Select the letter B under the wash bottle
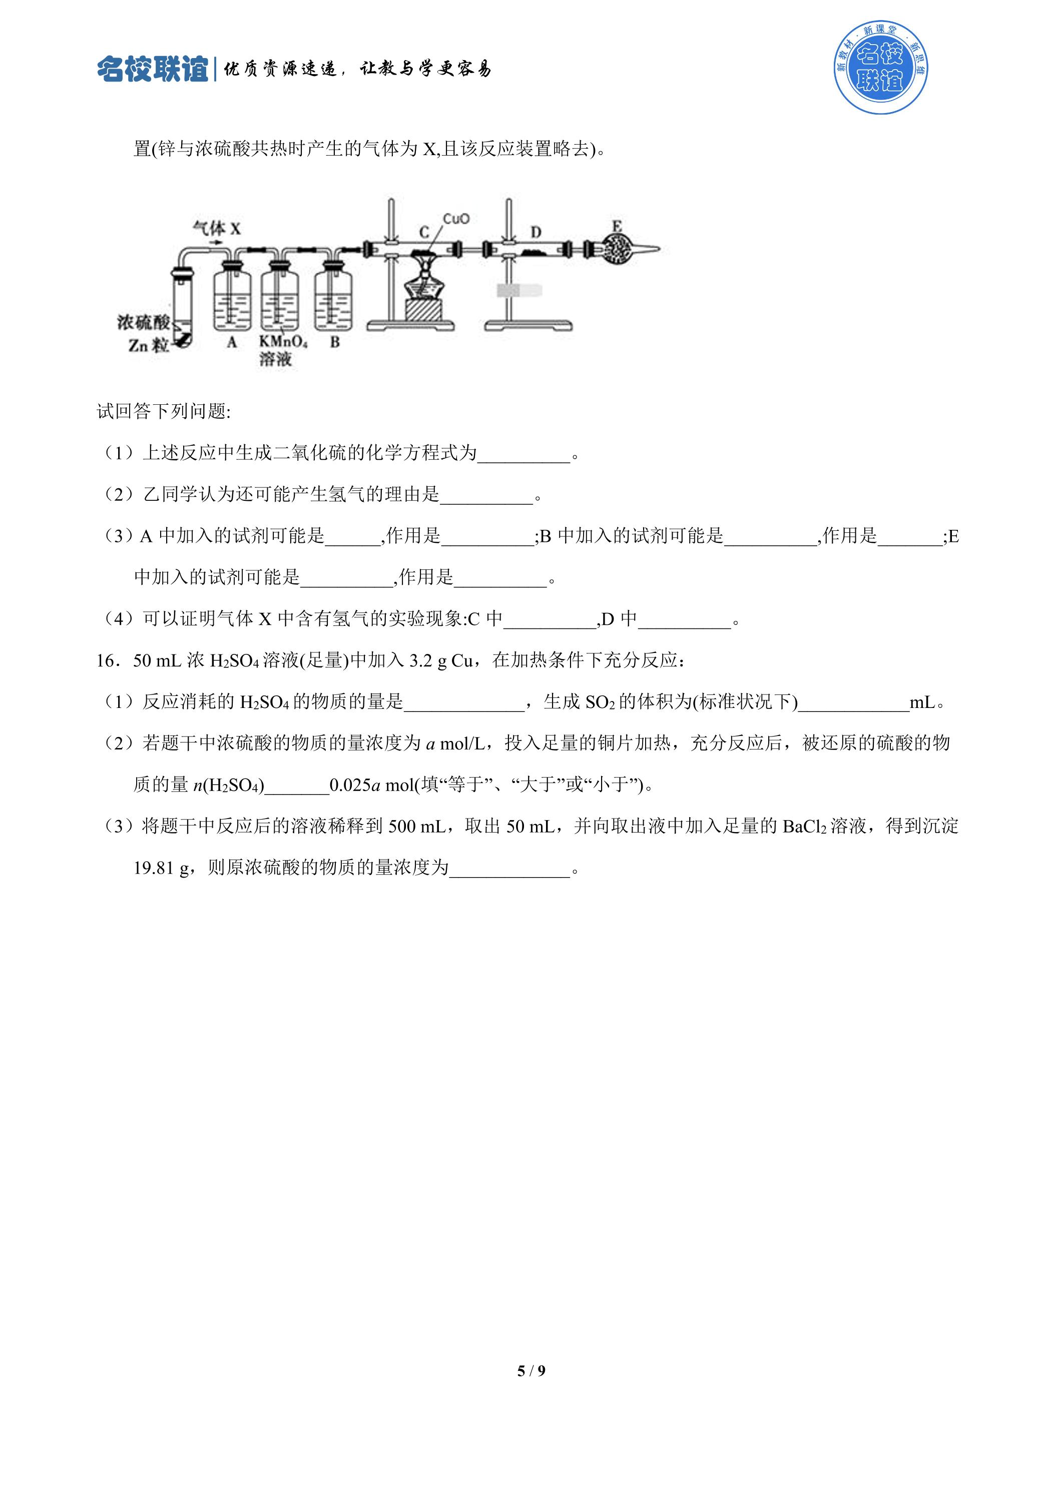(335, 342)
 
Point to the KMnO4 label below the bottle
(283, 342)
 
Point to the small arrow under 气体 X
(216, 242)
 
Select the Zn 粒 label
(148, 345)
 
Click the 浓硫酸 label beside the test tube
(144, 322)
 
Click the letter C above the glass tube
(424, 232)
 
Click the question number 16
(107, 661)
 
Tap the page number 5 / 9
(531, 1370)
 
